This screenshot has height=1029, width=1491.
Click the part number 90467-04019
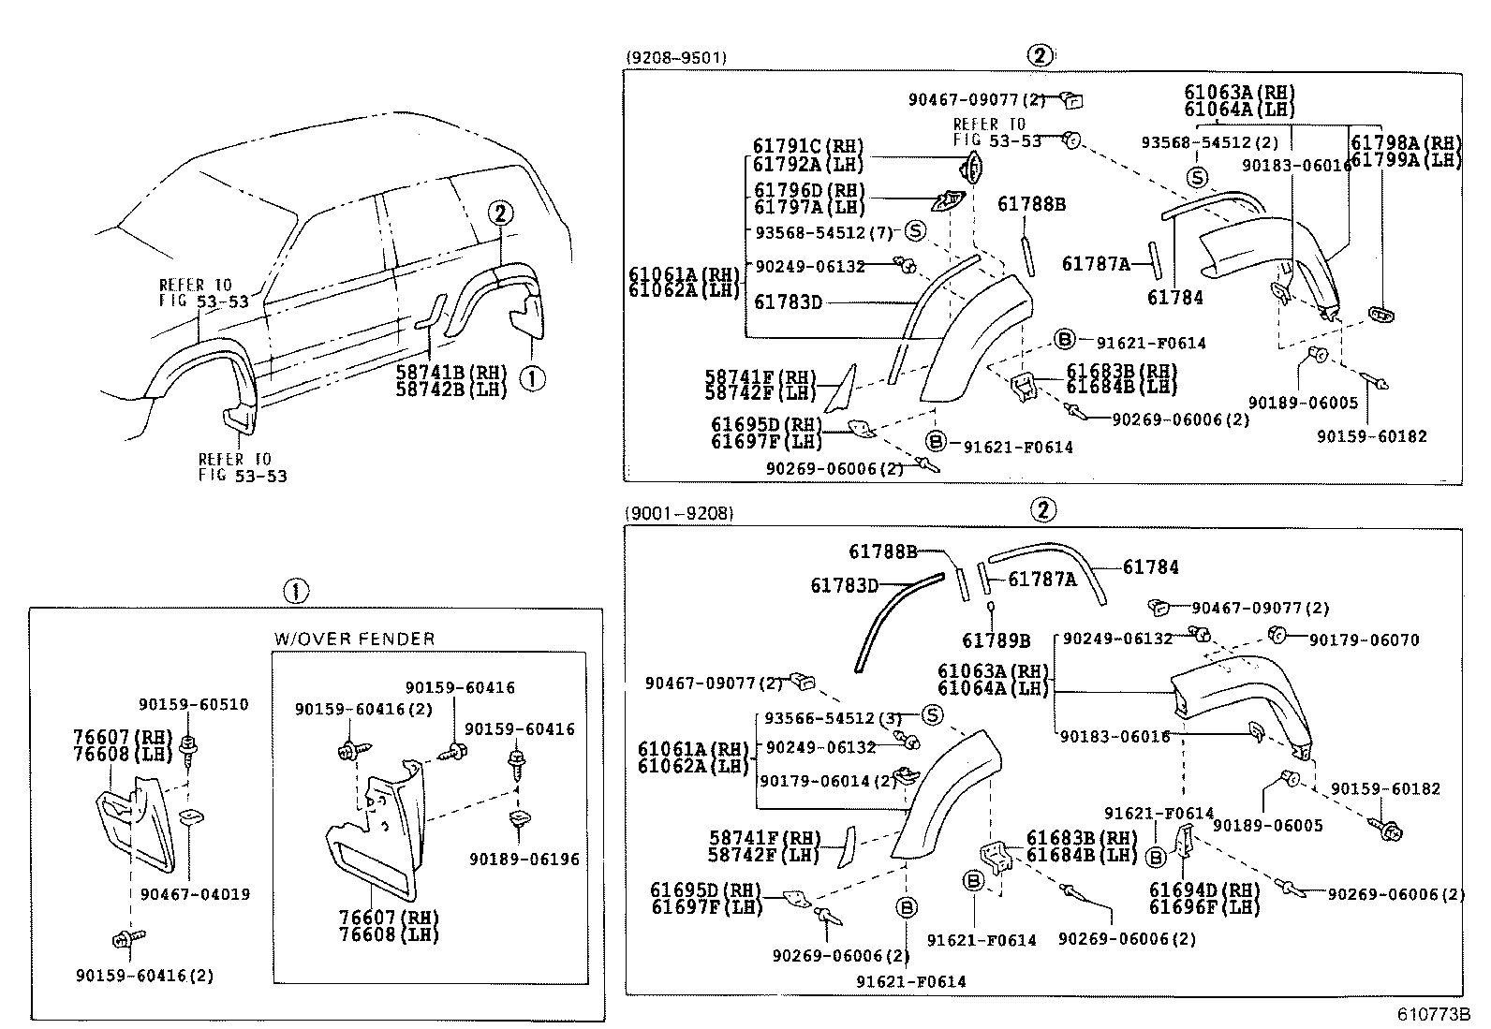coord(195,894)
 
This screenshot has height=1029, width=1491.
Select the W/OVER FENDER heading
coord(354,639)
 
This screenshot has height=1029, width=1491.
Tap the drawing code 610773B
coord(1434,1014)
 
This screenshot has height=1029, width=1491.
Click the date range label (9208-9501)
coord(675,57)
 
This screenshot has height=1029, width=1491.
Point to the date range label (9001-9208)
coord(679,512)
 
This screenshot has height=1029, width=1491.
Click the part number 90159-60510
coord(193,704)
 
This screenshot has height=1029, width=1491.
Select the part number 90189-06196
coord(524,859)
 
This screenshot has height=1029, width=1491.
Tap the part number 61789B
coord(996,640)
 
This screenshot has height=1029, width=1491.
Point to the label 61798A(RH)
coord(1405,143)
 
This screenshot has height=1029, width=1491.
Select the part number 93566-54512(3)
coord(832,718)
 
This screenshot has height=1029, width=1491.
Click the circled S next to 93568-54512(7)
coord(914,230)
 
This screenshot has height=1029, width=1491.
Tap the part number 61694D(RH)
coord(1204,890)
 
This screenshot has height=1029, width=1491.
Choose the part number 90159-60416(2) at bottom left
coord(144,975)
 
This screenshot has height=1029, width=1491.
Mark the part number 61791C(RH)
coord(807,146)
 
